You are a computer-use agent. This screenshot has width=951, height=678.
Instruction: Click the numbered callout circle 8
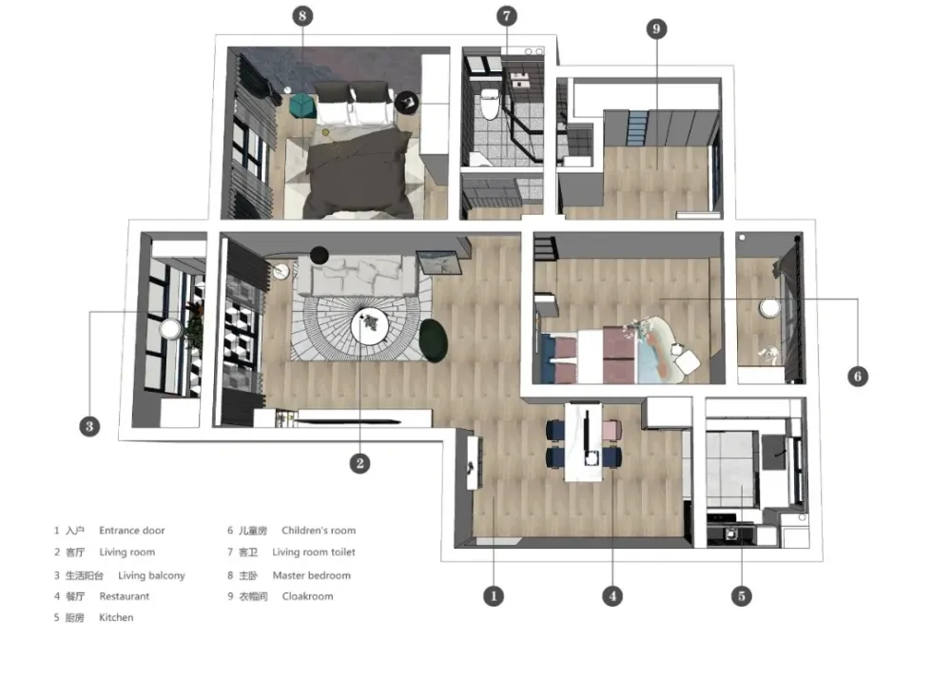coord(302,16)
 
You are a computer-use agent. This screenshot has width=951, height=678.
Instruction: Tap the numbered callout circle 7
coord(507,16)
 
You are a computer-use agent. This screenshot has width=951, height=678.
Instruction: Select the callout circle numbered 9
coord(656,29)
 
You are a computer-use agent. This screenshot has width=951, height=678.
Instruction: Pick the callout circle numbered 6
coord(858,377)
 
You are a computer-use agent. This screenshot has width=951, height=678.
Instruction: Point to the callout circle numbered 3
coord(89,426)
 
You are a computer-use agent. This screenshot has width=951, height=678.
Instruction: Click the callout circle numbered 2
coord(359,464)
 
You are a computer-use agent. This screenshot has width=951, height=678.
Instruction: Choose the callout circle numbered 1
coord(493,596)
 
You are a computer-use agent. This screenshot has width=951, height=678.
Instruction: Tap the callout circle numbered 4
coord(611,596)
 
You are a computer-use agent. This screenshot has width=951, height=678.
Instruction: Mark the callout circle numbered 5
coord(741,596)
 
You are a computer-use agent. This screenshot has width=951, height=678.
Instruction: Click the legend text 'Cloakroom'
coord(307,597)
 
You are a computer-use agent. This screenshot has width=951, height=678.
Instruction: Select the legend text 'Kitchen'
coord(116,618)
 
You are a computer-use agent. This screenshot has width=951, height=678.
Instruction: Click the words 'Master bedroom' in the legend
coord(312,575)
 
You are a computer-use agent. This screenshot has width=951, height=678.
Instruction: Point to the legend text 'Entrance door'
coord(131,531)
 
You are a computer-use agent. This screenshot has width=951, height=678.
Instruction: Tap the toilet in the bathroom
coord(489,105)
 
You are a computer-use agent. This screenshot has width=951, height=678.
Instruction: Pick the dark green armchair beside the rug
coord(434,340)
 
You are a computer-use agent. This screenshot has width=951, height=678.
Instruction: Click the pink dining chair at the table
coord(611,430)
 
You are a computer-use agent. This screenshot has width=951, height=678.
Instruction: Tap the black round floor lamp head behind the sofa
coord(320,255)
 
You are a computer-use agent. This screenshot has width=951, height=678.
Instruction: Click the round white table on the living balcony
coord(170,330)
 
